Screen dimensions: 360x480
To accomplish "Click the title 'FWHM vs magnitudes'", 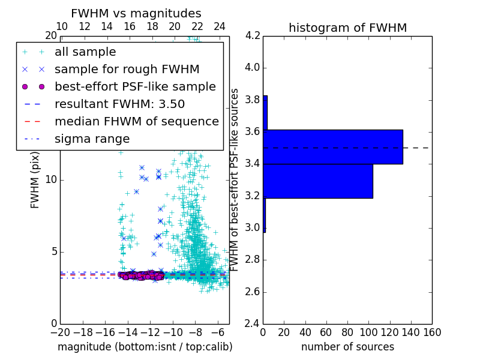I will pyautogui.click(x=136, y=13).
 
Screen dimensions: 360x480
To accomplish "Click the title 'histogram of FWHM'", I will pyautogui.click(x=347, y=28).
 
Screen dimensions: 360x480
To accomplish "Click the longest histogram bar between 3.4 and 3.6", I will pyautogui.click(x=333, y=146).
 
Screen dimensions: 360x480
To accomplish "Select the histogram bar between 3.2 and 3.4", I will pyautogui.click(x=318, y=181).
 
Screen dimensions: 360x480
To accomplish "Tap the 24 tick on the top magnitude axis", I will pyautogui.click(x=220, y=26).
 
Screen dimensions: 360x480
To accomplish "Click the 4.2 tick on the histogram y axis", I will pyautogui.click(x=252, y=35).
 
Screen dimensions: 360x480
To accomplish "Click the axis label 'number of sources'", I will pyautogui.click(x=347, y=347).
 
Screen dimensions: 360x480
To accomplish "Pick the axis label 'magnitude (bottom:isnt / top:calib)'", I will pyautogui.click(x=145, y=347).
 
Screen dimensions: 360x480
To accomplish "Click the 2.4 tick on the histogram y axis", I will pyautogui.click(x=252, y=324).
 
